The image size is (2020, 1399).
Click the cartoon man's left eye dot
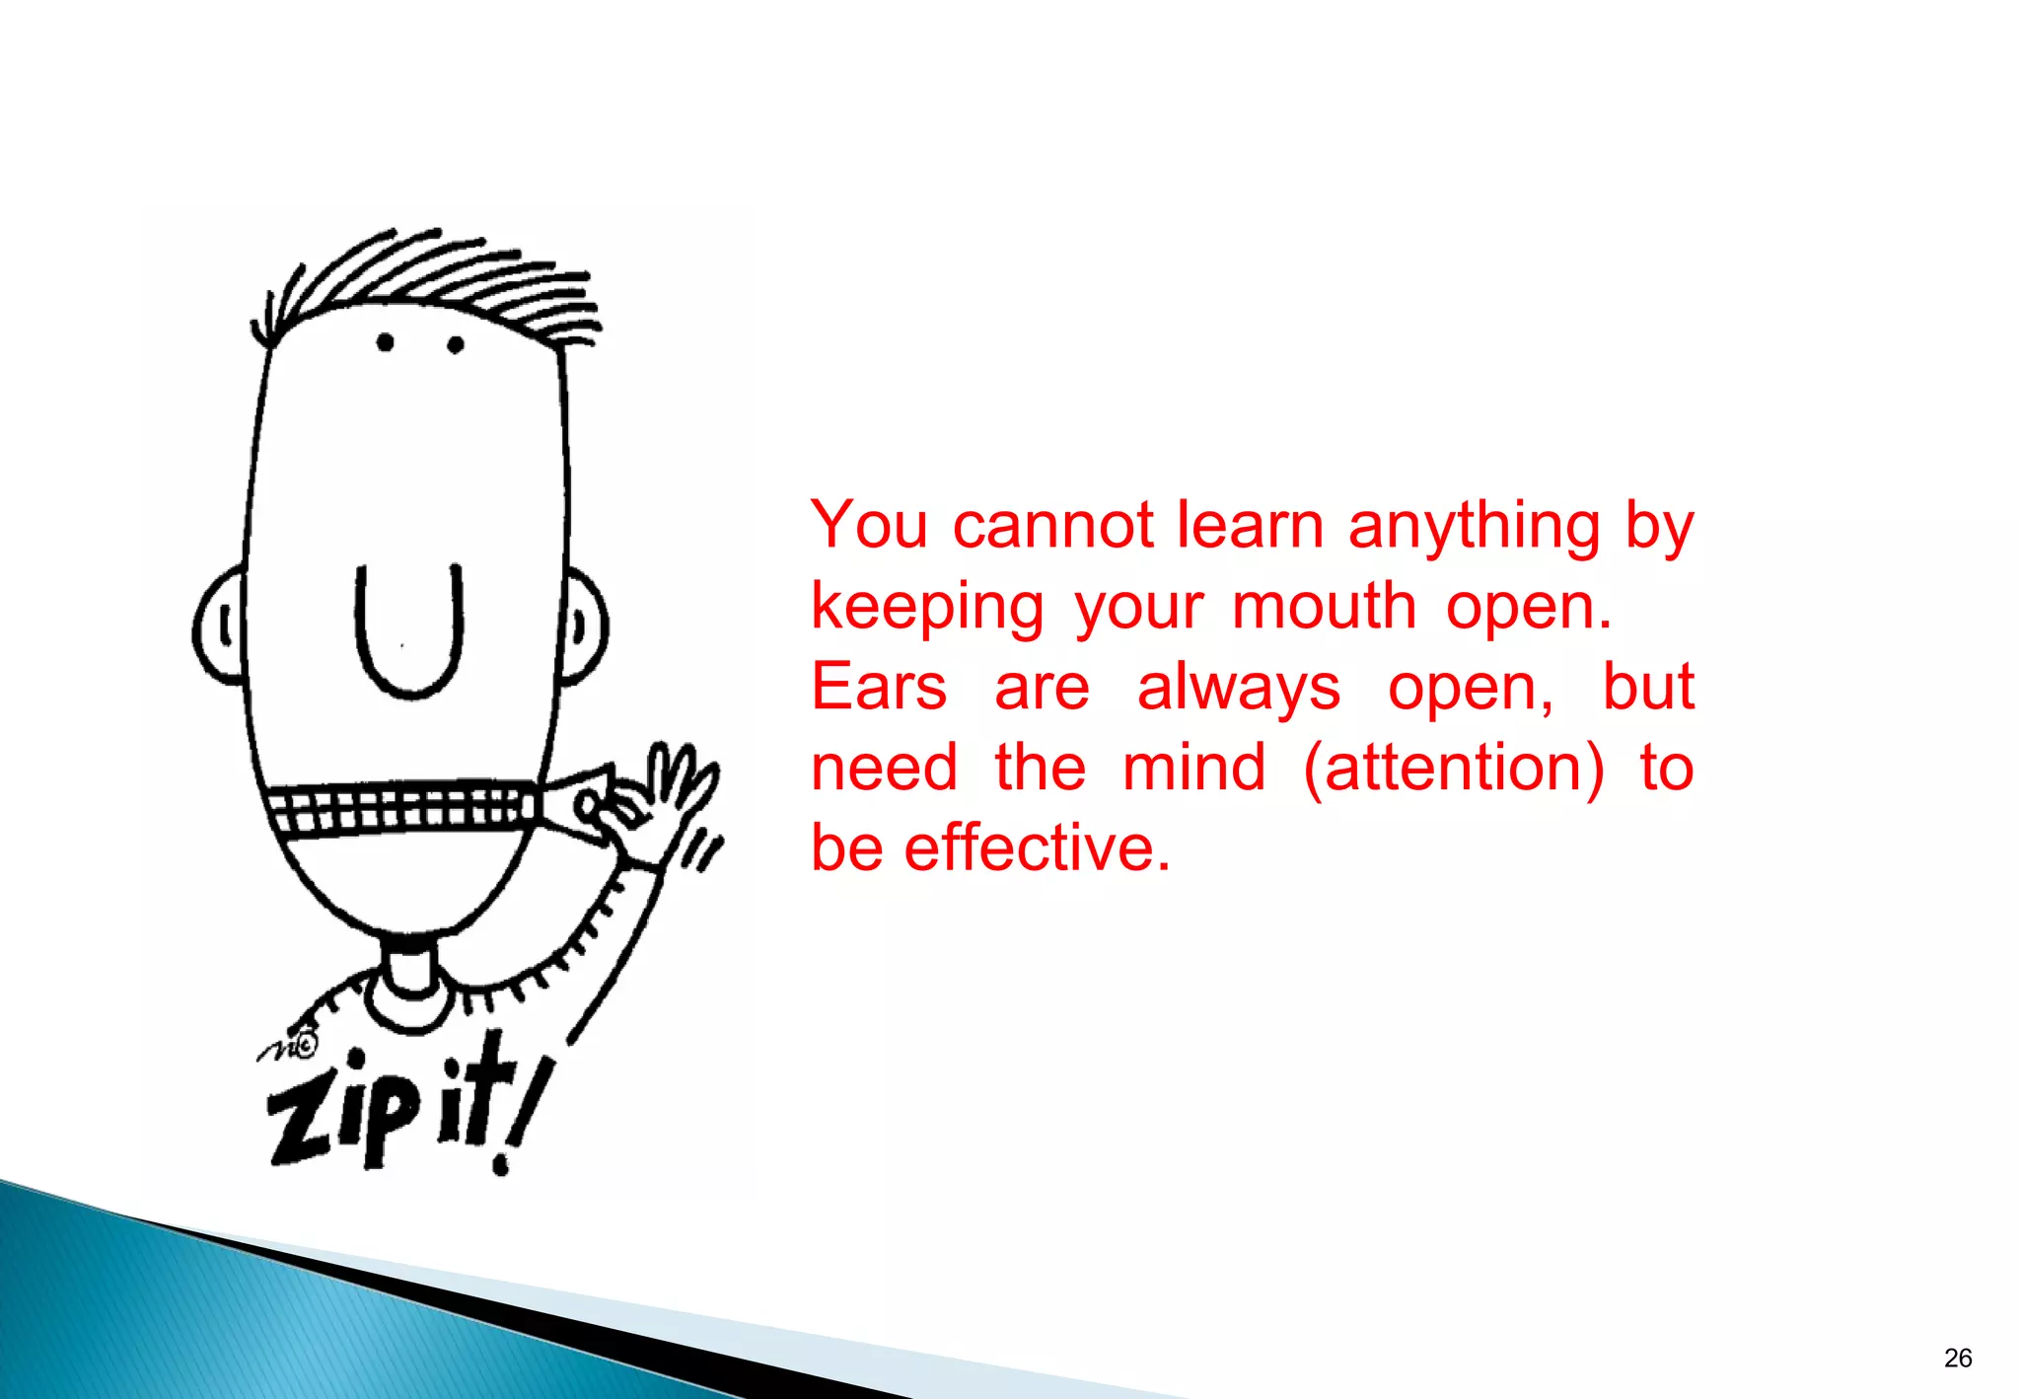click(x=385, y=342)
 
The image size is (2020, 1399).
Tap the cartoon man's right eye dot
click(x=456, y=344)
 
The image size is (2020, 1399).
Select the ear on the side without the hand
click(x=221, y=626)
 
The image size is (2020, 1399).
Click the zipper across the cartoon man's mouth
click(x=404, y=808)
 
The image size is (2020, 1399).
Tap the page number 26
click(x=1958, y=1359)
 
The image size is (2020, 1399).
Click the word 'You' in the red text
click(x=869, y=525)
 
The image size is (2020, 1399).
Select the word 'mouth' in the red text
click(x=1325, y=606)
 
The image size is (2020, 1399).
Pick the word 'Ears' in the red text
click(x=879, y=687)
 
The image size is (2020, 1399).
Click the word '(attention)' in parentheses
click(x=1454, y=768)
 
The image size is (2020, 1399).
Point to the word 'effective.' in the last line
click(x=1038, y=847)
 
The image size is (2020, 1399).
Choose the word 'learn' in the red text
click(x=1251, y=525)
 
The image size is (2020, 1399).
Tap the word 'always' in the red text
click(x=1239, y=687)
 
